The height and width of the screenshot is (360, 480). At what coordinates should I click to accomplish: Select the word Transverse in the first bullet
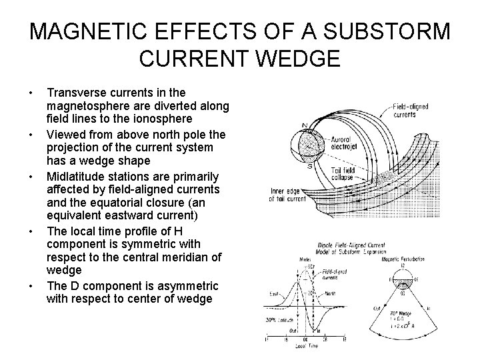79,92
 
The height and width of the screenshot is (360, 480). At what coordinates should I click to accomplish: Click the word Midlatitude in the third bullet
77,177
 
